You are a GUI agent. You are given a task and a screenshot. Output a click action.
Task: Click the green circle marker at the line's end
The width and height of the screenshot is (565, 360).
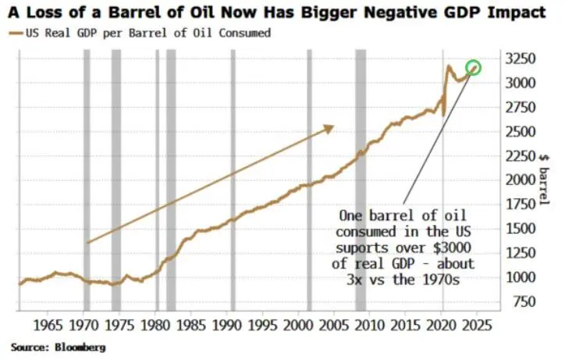[x=473, y=68]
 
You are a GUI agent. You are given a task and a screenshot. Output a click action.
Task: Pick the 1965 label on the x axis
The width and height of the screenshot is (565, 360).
[x=48, y=323]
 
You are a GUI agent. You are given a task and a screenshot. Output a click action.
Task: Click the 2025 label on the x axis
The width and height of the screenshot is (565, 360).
[x=475, y=323]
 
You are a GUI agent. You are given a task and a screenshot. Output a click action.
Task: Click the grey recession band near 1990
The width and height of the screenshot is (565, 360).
[x=232, y=180]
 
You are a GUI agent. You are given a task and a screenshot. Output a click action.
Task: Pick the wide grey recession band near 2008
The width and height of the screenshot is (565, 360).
[x=361, y=180]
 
